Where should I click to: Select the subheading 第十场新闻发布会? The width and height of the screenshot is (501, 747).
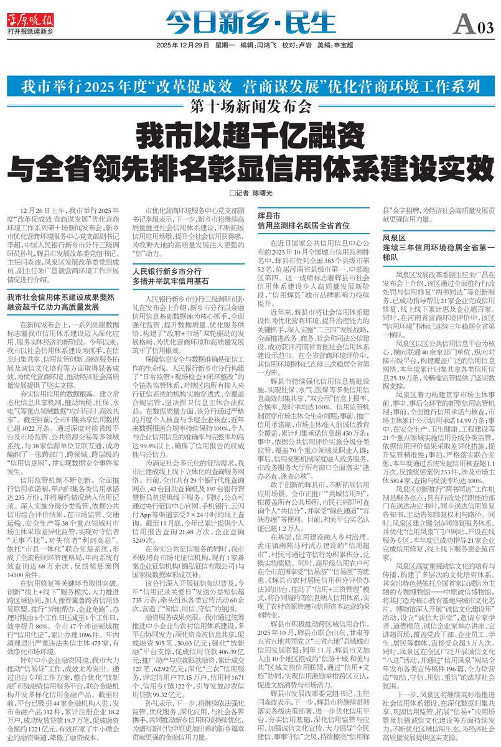[251, 105]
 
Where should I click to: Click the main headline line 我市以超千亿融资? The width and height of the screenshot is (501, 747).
[251, 134]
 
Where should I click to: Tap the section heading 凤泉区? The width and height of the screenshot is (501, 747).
[393, 237]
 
